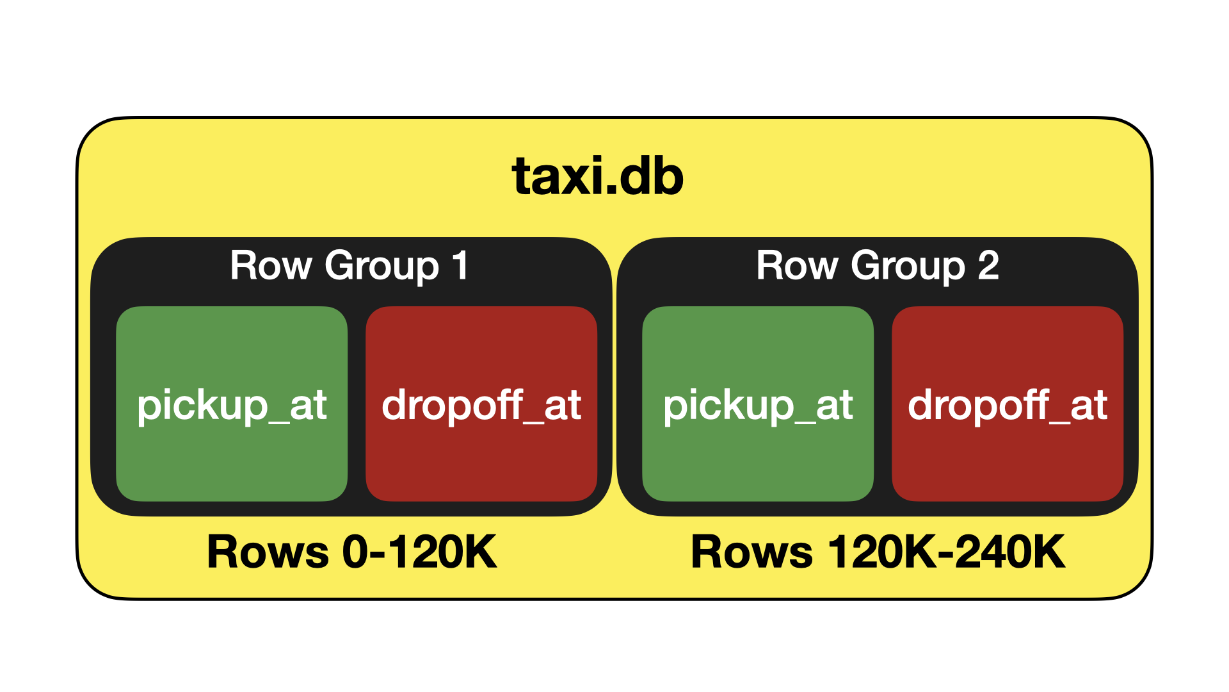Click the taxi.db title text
598,176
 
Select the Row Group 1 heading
349,265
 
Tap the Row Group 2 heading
877,265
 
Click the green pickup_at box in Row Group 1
232,449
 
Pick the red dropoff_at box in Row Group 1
481,449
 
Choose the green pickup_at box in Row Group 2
758,449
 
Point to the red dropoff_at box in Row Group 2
1008,449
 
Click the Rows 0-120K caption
351,552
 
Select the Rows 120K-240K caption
878,552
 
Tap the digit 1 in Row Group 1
460,265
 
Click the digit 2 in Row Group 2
988,265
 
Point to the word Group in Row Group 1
382,267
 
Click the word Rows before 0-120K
268,552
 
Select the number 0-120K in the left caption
419,552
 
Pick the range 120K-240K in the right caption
946,552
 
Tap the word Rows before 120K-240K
751,552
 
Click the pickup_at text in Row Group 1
232,406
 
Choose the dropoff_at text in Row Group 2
1008,406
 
